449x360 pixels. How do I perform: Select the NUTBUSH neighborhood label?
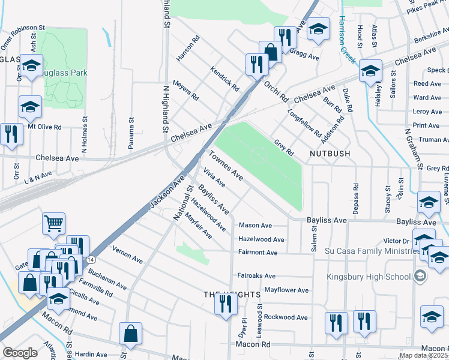pos(330,154)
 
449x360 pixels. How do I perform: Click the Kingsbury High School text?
pos(368,277)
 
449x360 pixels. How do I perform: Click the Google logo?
pos(20,353)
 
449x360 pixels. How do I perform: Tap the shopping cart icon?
pos(54,224)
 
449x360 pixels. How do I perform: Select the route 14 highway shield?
pos(90,259)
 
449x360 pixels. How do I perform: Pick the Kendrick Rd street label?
pos(225,79)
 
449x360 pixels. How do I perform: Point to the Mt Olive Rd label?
pos(45,127)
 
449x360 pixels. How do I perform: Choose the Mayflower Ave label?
pos(286,290)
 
